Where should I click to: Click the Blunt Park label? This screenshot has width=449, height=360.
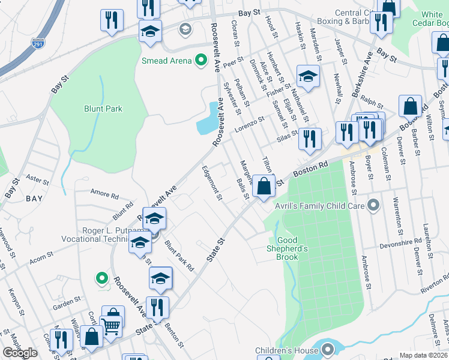(103, 109)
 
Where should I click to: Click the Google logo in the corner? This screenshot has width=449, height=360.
(20, 353)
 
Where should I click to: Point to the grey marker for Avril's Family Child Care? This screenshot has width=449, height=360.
(373, 206)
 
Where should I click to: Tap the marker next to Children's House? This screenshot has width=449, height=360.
(328, 349)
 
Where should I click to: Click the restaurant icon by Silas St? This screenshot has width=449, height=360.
(310, 139)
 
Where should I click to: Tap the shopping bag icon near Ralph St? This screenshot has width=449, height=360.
(411, 106)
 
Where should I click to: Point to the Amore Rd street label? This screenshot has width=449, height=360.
(104, 194)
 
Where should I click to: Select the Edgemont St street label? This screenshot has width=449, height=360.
(212, 184)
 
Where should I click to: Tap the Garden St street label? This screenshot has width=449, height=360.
(68, 299)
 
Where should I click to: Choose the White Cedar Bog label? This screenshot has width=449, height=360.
(440, 19)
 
